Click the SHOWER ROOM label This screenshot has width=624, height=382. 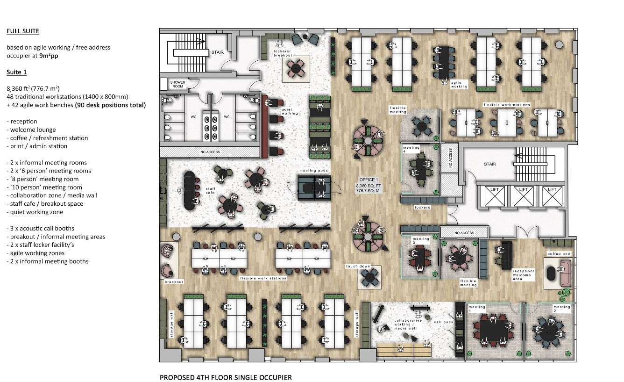pos(177,84)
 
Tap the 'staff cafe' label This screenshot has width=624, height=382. pos(210,191)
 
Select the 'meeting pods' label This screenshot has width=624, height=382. pos(314,170)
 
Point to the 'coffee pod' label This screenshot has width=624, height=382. pos(559,253)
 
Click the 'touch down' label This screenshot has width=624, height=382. pos(358,267)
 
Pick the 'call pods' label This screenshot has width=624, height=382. pos(444,322)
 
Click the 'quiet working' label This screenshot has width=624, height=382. pos(290,112)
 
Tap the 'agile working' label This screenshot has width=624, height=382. pos(459,85)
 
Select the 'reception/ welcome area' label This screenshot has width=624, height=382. pos(524,274)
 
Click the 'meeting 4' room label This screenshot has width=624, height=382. pos(411,149)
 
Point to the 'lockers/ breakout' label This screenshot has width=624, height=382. pos(283,53)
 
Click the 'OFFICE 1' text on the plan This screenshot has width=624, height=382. pos(369,180)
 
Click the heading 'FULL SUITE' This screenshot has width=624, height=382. pos(23,31)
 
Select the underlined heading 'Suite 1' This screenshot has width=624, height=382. pos(17,72)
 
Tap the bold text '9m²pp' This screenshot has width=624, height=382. pos(49,56)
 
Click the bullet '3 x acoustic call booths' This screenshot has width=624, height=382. pos(40,228)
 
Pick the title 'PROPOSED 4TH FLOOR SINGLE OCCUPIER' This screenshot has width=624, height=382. pos(226,377)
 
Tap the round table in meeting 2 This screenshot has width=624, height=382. pos(548,332)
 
